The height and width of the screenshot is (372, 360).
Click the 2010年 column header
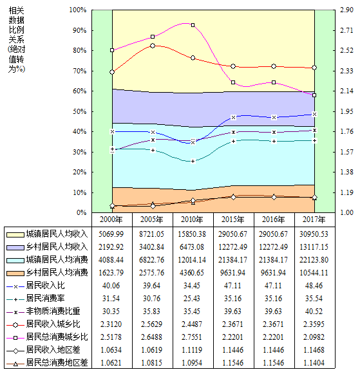(192, 219)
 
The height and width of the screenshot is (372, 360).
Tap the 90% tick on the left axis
(80, 30)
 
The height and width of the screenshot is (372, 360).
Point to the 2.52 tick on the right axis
(346, 50)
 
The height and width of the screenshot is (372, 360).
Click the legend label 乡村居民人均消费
(57, 273)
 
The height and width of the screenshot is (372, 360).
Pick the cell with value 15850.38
(192, 234)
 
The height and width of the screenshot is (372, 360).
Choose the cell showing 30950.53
(314, 234)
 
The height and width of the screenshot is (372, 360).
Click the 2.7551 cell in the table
(192, 337)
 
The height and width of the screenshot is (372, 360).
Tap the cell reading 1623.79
(111, 273)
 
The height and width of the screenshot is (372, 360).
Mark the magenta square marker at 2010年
(193, 25)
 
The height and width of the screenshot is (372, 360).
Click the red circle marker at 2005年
(153, 46)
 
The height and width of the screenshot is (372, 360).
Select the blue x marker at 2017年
(314, 115)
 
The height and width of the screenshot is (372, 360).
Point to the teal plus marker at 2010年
(193, 162)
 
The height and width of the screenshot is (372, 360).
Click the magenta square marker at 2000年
(112, 50)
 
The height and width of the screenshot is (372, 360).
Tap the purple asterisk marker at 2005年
(153, 140)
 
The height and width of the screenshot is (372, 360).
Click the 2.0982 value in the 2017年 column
(314, 337)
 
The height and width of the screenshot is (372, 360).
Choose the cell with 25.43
(192, 299)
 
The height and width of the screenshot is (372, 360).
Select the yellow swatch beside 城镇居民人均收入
(15, 235)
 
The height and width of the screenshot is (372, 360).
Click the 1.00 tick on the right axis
(346, 212)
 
